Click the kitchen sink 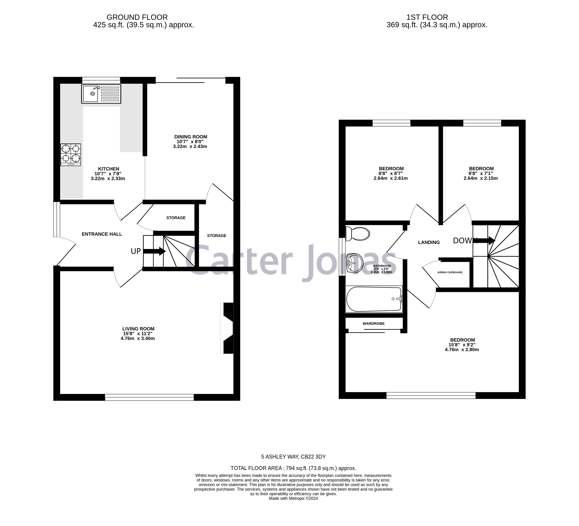[x=101, y=94]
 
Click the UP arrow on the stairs [x=154, y=251]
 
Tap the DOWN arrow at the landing [x=485, y=240]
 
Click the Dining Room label [x=191, y=137]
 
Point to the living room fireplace [x=228, y=328]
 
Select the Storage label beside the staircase [x=217, y=236]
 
